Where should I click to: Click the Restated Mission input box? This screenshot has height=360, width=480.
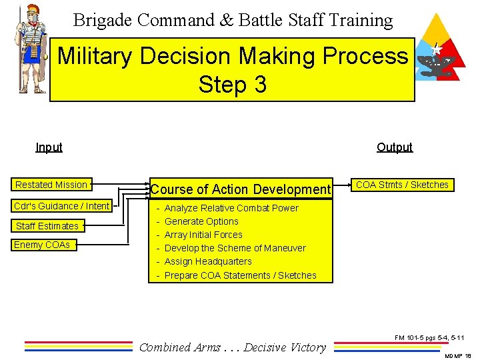point(51,185)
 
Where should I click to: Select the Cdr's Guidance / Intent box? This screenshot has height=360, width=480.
point(62,206)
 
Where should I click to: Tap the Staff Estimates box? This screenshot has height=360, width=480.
point(47,226)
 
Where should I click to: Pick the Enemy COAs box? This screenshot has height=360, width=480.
point(42,245)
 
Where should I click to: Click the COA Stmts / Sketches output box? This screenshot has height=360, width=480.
point(402,185)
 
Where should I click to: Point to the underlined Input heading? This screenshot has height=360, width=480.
point(49,147)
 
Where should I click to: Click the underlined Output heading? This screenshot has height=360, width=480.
point(394,147)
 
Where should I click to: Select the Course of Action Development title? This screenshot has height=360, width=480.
point(240,190)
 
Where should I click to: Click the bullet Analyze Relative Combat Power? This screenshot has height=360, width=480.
point(231,208)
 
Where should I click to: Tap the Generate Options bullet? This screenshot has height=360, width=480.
point(201,221)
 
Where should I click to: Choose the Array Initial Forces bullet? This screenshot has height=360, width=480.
point(203,235)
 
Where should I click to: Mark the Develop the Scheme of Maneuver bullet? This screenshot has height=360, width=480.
point(235,248)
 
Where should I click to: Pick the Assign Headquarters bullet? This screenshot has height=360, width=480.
point(208,261)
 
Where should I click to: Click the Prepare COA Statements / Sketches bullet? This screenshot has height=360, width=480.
point(240,275)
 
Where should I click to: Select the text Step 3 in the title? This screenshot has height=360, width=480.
point(232,84)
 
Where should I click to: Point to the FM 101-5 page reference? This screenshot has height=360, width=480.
point(429,338)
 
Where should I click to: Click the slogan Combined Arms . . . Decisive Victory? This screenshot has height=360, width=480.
point(233,347)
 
